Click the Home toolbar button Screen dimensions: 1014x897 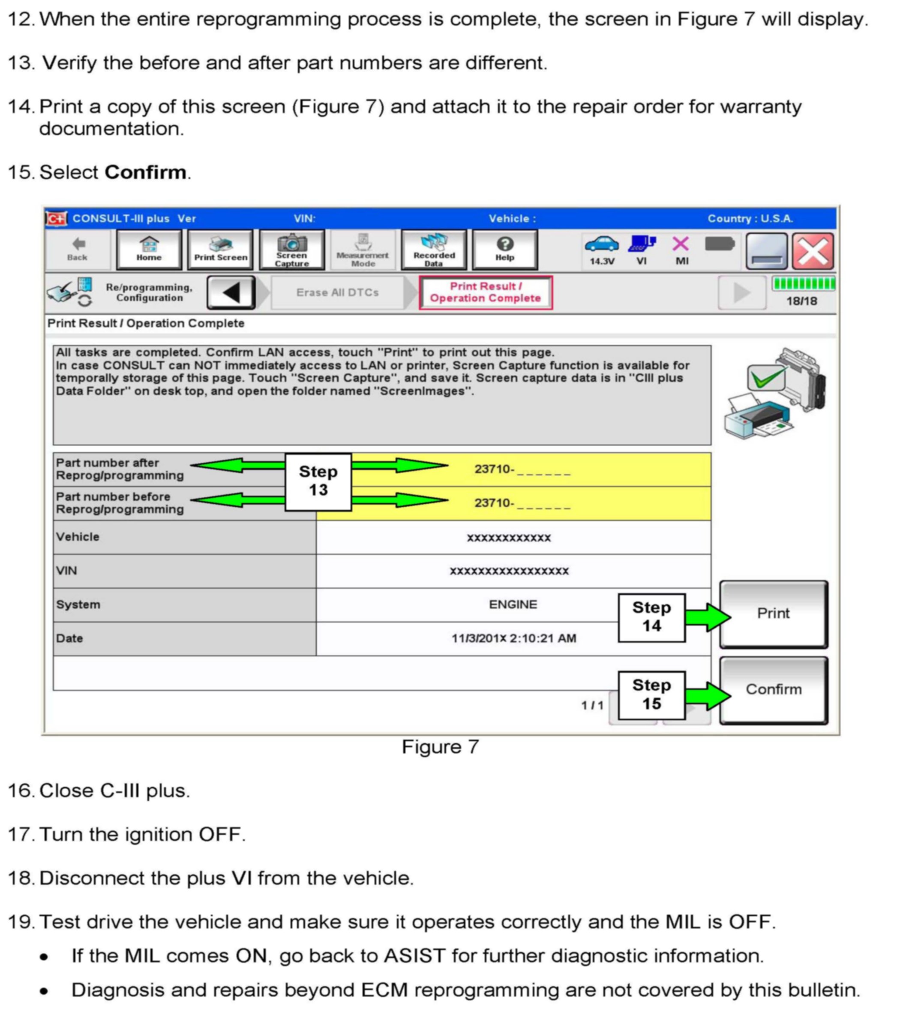pos(149,250)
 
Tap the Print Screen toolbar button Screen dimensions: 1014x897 pos(220,250)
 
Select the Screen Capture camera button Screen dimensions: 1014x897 pos(291,250)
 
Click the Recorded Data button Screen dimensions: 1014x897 pos(434,250)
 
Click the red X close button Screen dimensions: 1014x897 pos(812,251)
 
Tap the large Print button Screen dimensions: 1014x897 pos(773,614)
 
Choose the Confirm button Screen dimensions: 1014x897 pos(773,689)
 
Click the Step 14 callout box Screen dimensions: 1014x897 pos(651,617)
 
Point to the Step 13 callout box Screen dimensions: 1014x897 pos(318,481)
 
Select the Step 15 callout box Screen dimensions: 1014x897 pos(651,695)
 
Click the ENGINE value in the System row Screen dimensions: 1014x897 pos(513,604)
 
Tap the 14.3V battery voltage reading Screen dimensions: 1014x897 pos(601,261)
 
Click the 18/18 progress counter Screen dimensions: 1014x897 pos(801,301)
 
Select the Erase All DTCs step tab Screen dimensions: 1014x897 pos(337,293)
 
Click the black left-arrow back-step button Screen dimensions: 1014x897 pos(231,293)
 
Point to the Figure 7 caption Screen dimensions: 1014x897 pos(440,746)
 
